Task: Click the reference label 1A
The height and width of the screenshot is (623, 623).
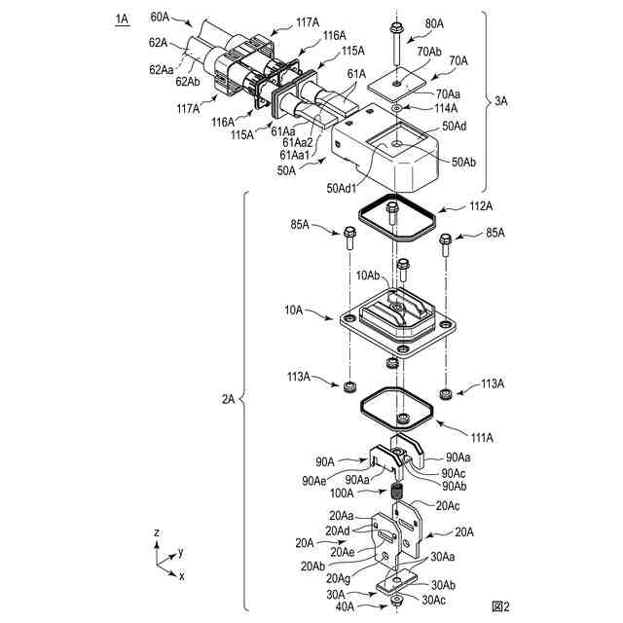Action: [121, 18]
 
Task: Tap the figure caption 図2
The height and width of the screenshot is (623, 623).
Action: [500, 606]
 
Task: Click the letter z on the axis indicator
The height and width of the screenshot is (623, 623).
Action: [157, 533]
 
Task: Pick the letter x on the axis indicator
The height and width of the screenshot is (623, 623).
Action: [182, 576]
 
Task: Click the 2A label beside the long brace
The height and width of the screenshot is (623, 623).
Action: [229, 399]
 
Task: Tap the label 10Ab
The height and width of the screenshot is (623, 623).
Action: [369, 275]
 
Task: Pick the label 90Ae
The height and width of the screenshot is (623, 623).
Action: [313, 480]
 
